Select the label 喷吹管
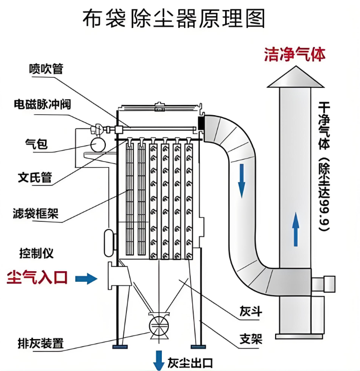(46, 69)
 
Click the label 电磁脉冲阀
(42, 105)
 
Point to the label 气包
(36, 144)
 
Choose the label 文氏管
(35, 178)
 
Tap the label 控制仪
(36, 253)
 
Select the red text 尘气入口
(37, 278)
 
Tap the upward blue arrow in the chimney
(296, 228)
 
